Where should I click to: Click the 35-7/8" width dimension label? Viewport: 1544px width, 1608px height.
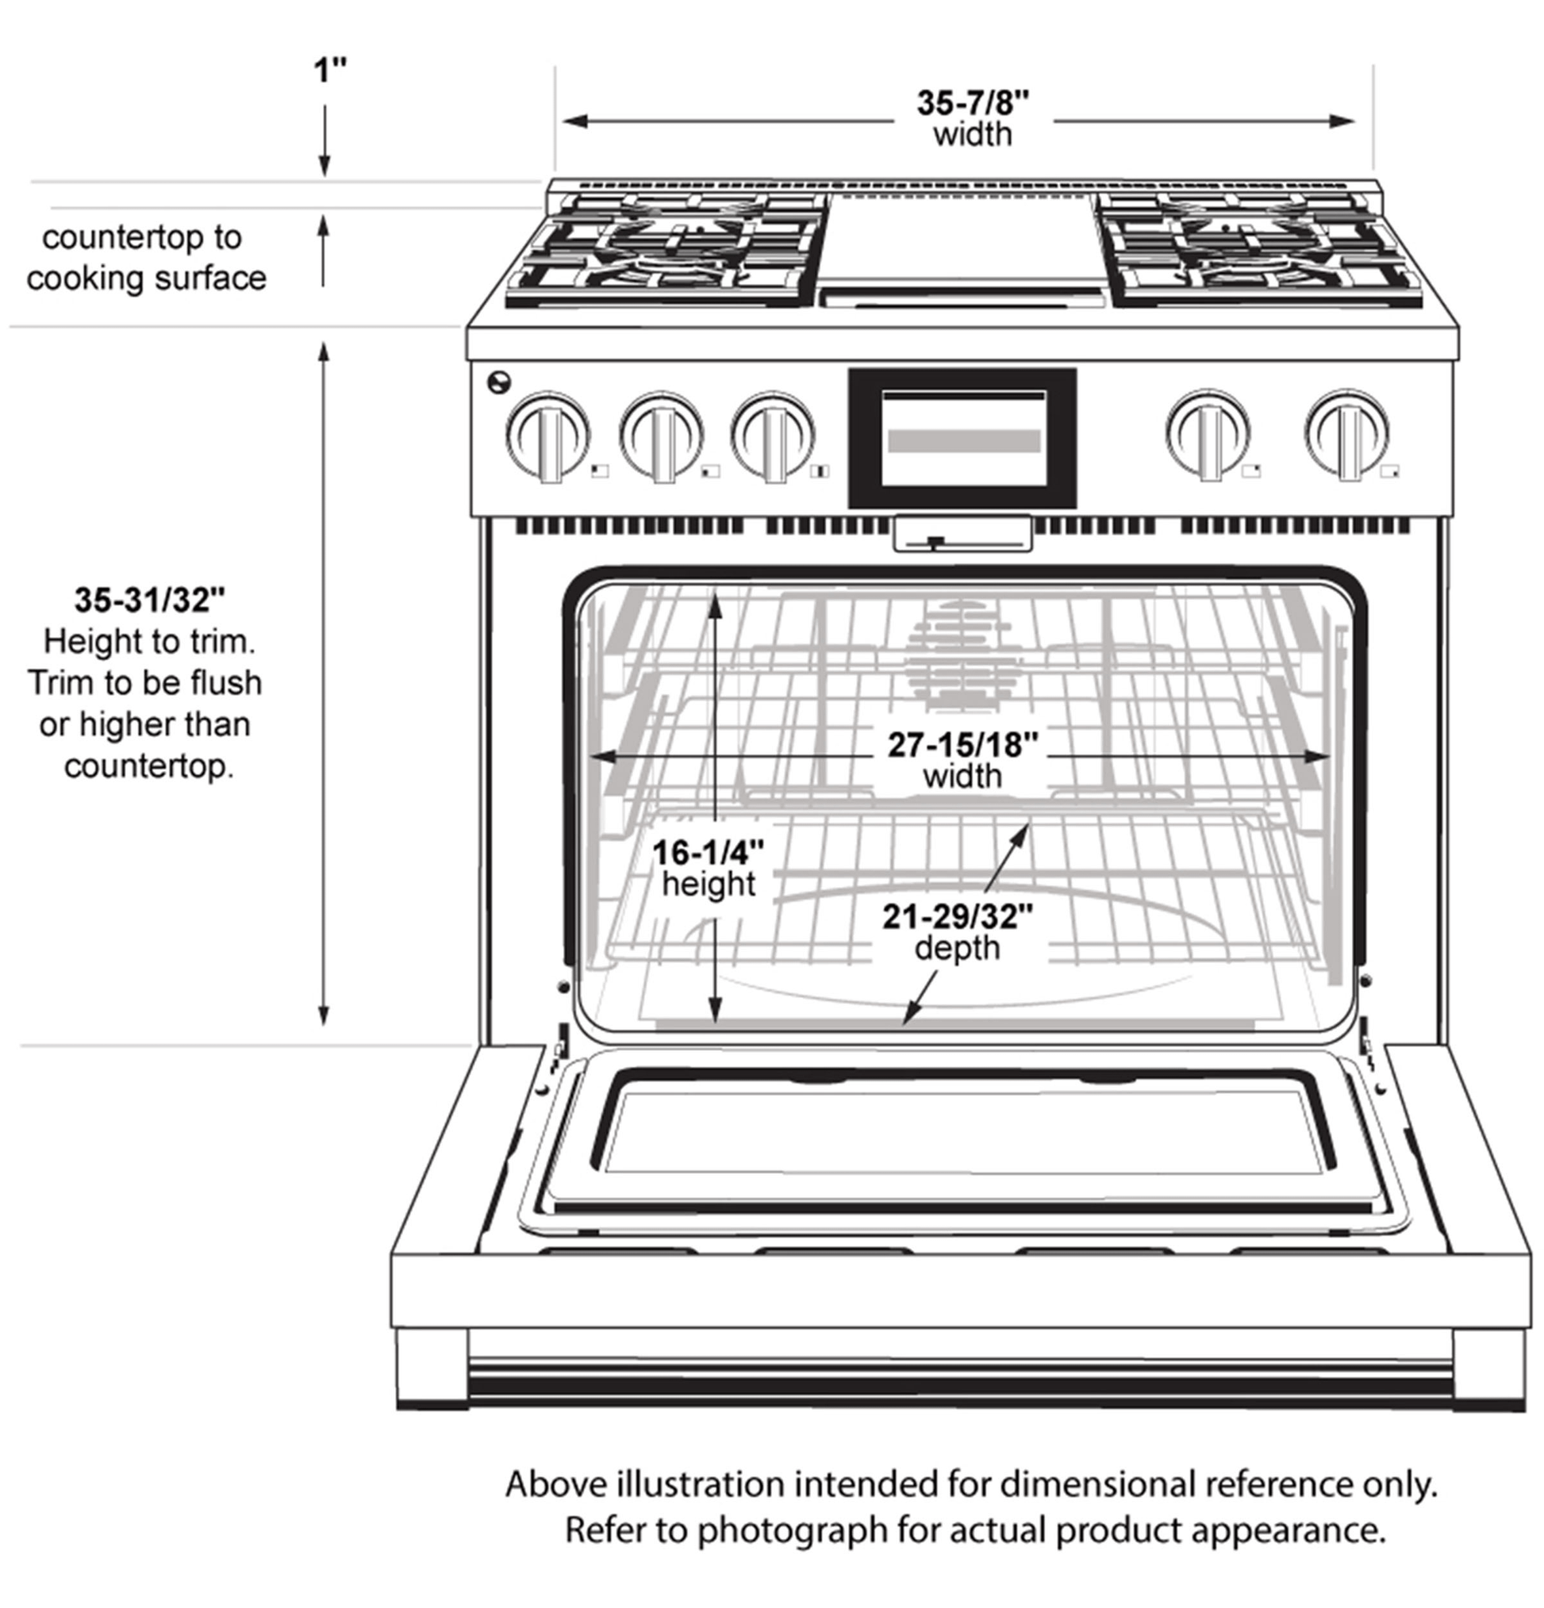[x=972, y=117]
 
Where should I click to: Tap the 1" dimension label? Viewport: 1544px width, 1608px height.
[x=330, y=71]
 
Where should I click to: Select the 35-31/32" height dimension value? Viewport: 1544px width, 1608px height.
[x=149, y=600]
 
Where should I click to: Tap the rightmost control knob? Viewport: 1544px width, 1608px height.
[x=1346, y=433]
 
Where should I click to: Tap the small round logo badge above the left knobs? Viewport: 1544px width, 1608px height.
[x=498, y=382]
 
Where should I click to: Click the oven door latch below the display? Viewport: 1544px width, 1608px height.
[x=962, y=534]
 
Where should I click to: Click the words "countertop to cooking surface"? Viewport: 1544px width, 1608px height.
[x=145, y=258]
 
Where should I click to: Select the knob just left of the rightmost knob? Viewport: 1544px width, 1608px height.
[x=1208, y=433]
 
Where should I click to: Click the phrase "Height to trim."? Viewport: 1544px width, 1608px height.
[x=149, y=642]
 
